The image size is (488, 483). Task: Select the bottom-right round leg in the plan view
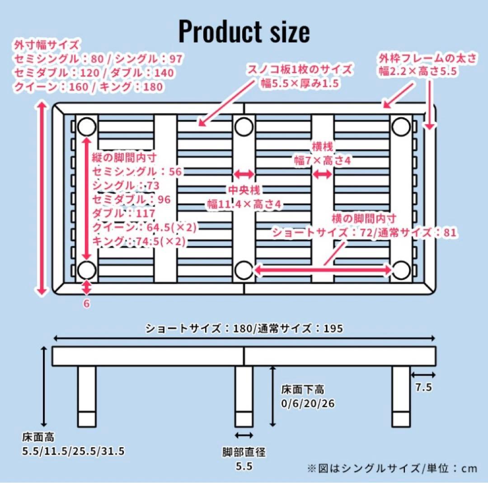pos(401,270)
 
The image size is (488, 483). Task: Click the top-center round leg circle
pos(244,127)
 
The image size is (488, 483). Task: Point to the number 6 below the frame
pos(86,304)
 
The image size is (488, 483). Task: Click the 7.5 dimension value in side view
pos(423,388)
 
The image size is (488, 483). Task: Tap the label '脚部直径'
pos(244,451)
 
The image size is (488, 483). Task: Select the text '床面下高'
pos(302,389)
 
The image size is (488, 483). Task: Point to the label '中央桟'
pos(244,190)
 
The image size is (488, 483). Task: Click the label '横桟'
pos(323,147)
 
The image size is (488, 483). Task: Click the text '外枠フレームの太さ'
pos(427,58)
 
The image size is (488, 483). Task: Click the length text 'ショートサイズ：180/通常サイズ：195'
pos(244,329)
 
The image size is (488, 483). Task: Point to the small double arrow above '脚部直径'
pos(244,435)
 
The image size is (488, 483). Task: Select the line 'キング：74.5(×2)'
pos(139,241)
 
